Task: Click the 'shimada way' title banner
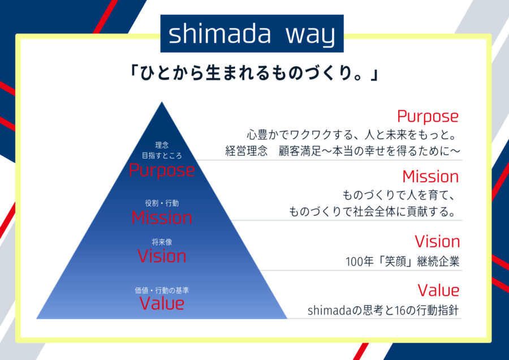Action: tap(252, 33)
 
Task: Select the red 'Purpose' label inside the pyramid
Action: tap(162, 170)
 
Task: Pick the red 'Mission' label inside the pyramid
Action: tap(162, 217)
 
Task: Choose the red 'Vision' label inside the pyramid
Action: tap(162, 256)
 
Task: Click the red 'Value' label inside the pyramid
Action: tap(162, 303)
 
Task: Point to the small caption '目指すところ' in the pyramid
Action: tap(162, 156)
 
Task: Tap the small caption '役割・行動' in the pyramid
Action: tap(162, 203)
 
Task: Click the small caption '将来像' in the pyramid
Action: tap(162, 242)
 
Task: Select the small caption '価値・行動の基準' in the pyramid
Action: tap(162, 290)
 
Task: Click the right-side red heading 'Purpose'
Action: tap(428, 117)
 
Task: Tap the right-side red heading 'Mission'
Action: tap(430, 177)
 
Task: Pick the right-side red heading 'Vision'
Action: tap(437, 242)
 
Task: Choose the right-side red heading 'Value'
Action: tap(438, 290)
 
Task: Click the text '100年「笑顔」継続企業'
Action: tap(403, 262)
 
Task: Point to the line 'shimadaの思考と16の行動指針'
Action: tap(383, 311)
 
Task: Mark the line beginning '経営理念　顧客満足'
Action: tap(343, 151)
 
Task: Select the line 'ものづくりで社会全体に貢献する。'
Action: tap(373, 212)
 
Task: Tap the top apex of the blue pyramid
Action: tap(162, 102)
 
